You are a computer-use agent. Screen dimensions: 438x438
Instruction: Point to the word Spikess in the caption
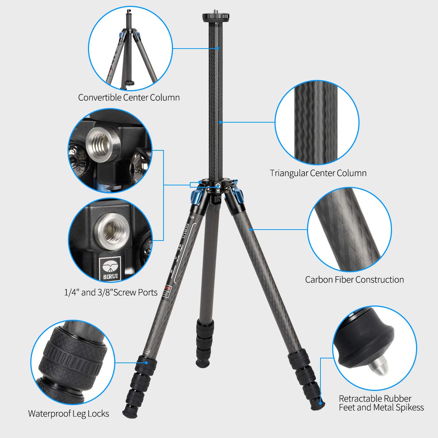click(409, 407)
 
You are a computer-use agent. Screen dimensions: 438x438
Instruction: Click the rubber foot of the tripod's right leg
click(321, 402)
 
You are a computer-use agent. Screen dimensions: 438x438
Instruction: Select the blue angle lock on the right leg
click(239, 197)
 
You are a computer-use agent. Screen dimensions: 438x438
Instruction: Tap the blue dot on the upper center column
click(218, 48)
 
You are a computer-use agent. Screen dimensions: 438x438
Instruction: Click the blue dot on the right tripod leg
click(251, 230)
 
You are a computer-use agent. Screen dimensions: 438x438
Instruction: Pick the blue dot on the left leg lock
click(147, 363)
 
